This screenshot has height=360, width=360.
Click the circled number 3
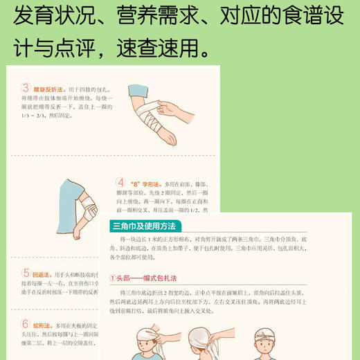[x=26, y=88]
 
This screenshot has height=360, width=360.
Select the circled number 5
[x=26, y=273]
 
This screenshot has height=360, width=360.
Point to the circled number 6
[x=26, y=323]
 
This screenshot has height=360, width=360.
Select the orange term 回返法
[x=44, y=274]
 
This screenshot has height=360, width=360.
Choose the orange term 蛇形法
[x=44, y=324]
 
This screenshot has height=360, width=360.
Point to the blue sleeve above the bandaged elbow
[x=73, y=194]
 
